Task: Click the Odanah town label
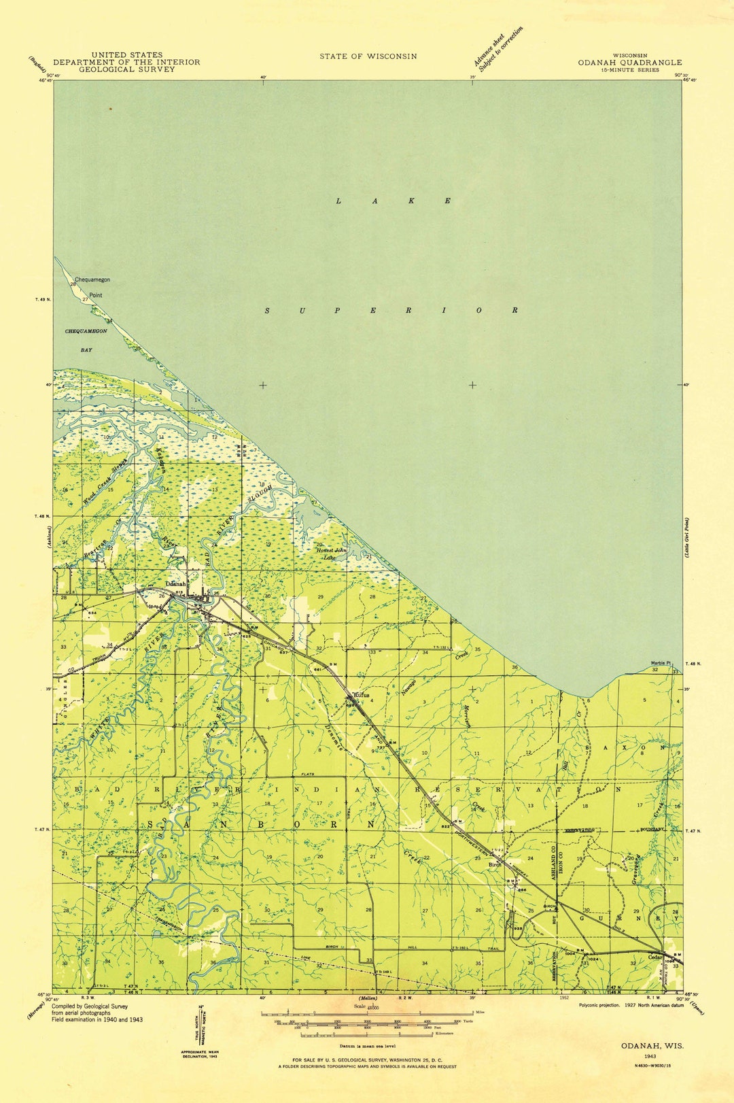pyautogui.click(x=176, y=583)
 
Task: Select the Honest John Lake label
pyautogui.click(x=330, y=554)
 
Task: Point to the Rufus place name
pyautogui.click(x=361, y=696)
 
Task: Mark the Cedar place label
pyautogui.click(x=655, y=957)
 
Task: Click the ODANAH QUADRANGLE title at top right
pyautogui.click(x=629, y=62)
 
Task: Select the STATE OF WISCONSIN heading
pyautogui.click(x=368, y=56)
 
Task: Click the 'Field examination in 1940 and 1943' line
pyautogui.click(x=97, y=1019)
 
